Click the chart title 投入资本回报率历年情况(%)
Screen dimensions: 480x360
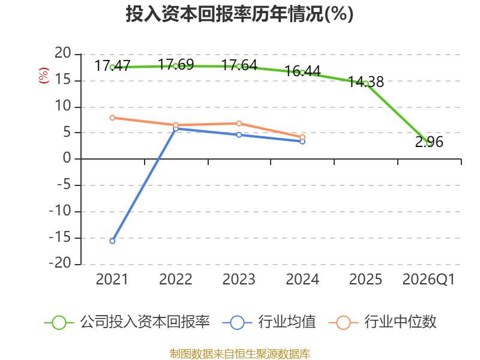[239, 14]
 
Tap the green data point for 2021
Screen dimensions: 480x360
[112, 67]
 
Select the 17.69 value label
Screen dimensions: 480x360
[176, 65]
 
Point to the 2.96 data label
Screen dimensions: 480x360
[429, 142]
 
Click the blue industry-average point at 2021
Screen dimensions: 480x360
[112, 241]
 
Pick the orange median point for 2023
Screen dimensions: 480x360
[239, 124]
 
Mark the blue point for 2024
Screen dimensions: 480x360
[302, 142]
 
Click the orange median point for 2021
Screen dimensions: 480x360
[112, 118]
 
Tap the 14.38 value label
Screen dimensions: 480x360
[366, 82]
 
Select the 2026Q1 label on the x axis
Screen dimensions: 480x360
[428, 280]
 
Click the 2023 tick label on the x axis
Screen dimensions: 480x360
[239, 280]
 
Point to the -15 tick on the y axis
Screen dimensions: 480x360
[60, 238]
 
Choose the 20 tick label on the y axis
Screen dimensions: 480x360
[63, 53]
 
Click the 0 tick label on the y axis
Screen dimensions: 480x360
[67, 158]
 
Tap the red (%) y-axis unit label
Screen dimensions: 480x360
[44, 76]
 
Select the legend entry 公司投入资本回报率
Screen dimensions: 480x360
[127, 322]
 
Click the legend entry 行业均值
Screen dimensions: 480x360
[269, 322]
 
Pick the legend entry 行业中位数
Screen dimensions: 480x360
[382, 322]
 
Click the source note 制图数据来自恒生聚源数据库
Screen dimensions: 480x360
[240, 354]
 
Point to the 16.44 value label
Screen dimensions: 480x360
[303, 71]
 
